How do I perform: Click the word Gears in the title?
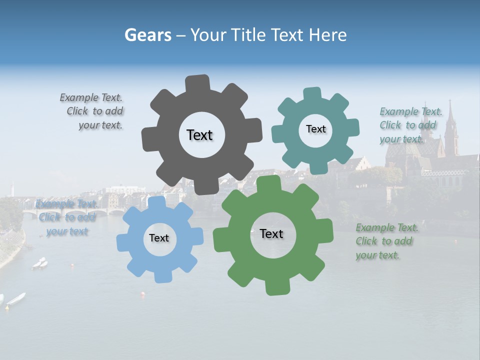point(147,35)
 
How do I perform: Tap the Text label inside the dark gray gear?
point(199,135)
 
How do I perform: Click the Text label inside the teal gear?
point(315,129)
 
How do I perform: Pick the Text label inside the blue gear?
point(159,238)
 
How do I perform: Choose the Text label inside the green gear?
point(271,234)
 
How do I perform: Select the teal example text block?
point(410,125)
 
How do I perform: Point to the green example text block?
point(387,241)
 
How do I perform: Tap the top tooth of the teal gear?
point(312,94)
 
